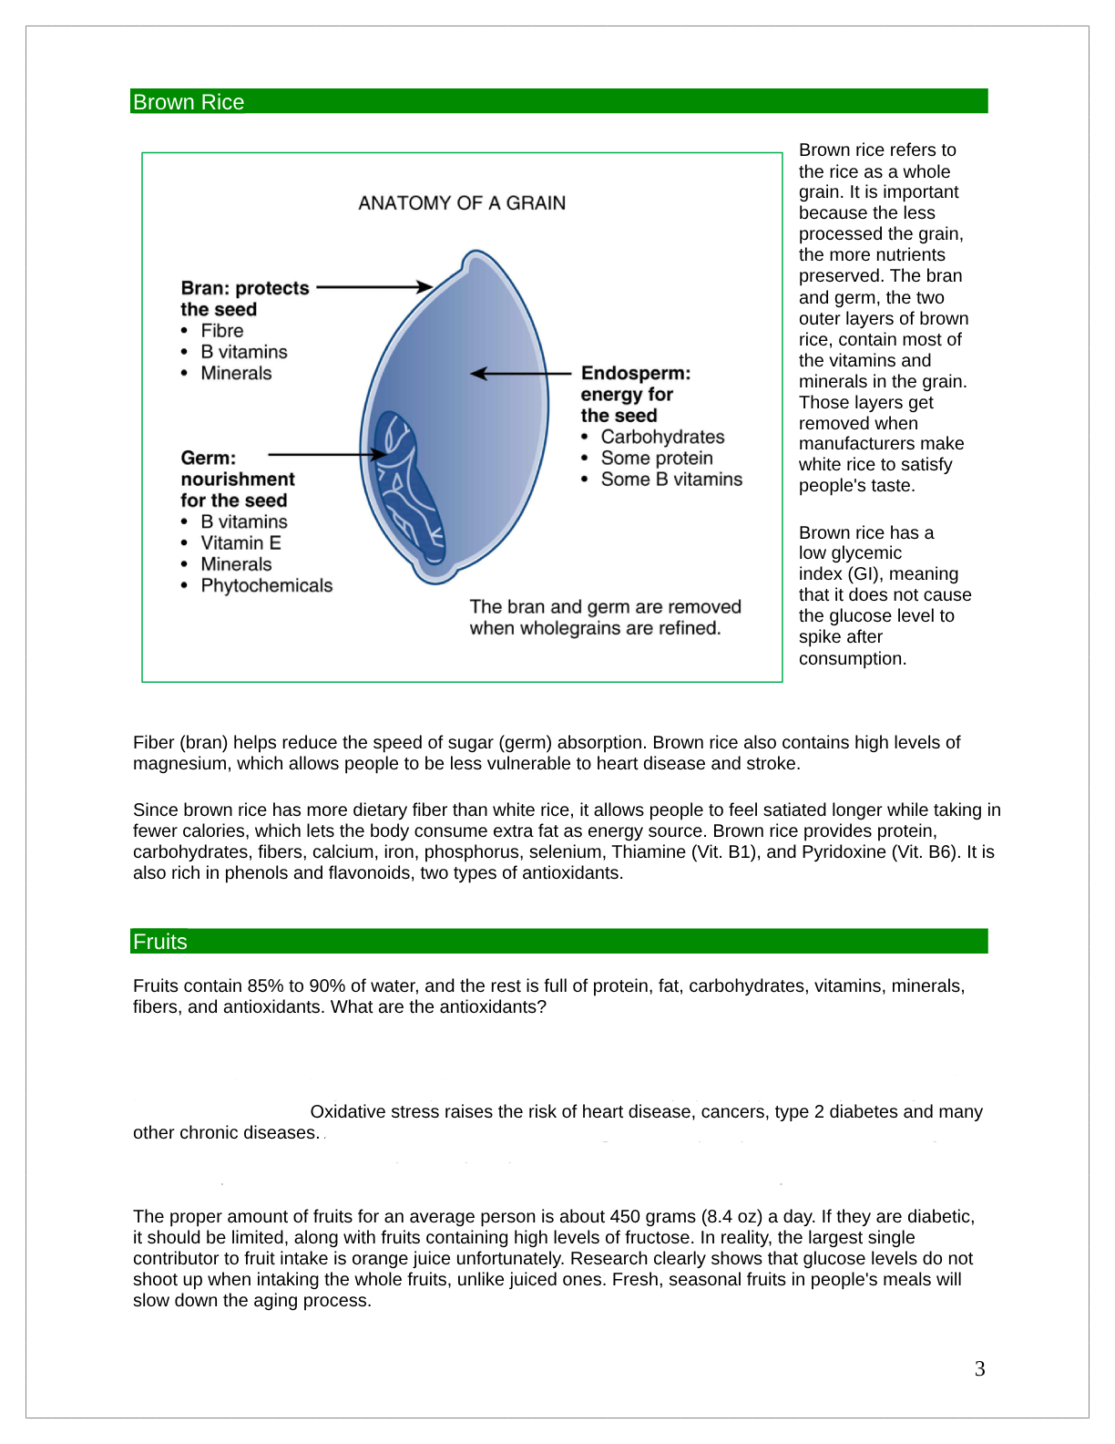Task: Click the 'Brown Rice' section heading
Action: click(x=189, y=102)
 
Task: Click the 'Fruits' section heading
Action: click(x=160, y=942)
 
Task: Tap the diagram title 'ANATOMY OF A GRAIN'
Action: click(x=462, y=203)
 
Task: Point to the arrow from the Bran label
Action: click(x=373, y=287)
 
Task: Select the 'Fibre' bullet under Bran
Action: click(x=222, y=331)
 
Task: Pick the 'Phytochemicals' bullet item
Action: click(x=266, y=586)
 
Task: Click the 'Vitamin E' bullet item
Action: click(x=240, y=543)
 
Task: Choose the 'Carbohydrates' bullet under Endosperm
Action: click(x=662, y=438)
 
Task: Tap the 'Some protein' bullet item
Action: click(x=657, y=459)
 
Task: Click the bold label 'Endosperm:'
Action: click(x=636, y=373)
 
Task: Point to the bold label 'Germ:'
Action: click(x=208, y=458)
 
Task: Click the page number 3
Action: click(x=979, y=1368)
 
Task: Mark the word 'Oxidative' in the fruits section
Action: click(x=346, y=1112)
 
